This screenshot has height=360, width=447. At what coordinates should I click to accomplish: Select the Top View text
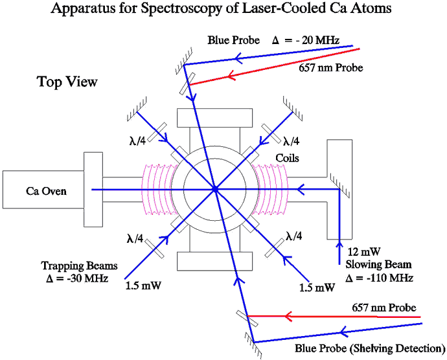67,82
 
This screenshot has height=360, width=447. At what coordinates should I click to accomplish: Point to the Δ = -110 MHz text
380,278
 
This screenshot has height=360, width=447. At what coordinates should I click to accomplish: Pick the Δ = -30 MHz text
74,278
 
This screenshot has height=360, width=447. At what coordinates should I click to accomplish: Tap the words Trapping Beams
73,265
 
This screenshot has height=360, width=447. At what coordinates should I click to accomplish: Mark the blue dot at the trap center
214,189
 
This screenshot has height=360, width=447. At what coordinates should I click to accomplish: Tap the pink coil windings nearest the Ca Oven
157,188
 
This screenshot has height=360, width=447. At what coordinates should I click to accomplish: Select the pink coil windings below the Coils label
272,188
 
